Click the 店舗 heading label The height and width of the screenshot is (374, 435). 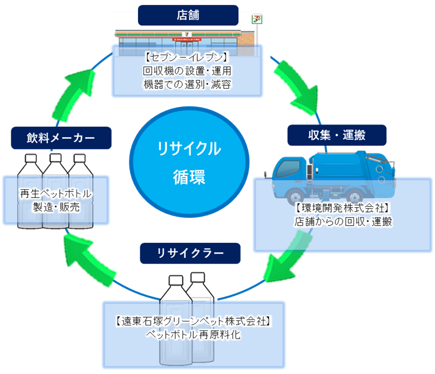[x=188, y=15]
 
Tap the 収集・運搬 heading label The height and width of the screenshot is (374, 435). [x=337, y=135]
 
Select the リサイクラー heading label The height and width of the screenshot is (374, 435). [x=190, y=253]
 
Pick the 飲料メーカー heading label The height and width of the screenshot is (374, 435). [x=61, y=137]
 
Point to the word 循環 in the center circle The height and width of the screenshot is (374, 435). [x=189, y=179]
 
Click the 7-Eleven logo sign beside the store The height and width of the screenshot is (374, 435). [x=256, y=18]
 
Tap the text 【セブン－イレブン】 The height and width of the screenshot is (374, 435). [x=187, y=57]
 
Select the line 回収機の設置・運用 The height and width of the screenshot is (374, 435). [x=187, y=71]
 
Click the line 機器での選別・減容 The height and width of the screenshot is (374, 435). [x=187, y=84]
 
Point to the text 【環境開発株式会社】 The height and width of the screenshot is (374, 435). [x=342, y=208]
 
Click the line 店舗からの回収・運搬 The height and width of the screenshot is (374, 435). [x=342, y=221]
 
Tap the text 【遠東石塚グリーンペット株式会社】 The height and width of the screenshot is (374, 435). [x=193, y=321]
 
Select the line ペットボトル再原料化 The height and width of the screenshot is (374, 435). [x=193, y=334]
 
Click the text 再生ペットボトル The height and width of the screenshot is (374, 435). [x=55, y=194]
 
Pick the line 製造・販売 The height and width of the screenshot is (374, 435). [x=55, y=207]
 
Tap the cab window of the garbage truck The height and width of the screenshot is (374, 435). [x=286, y=167]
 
